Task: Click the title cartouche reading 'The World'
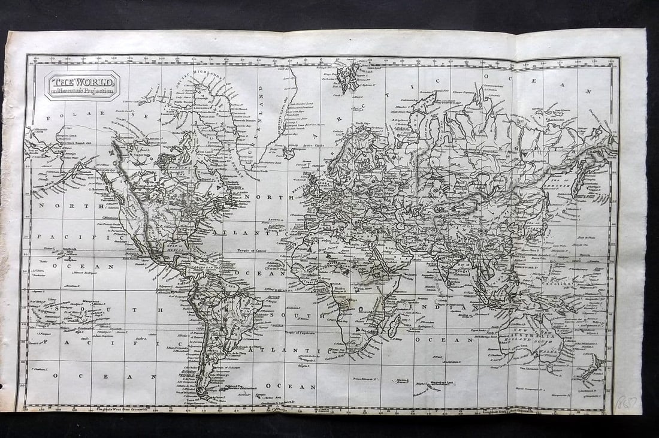pos(83,85)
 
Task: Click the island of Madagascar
pos(394,326)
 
